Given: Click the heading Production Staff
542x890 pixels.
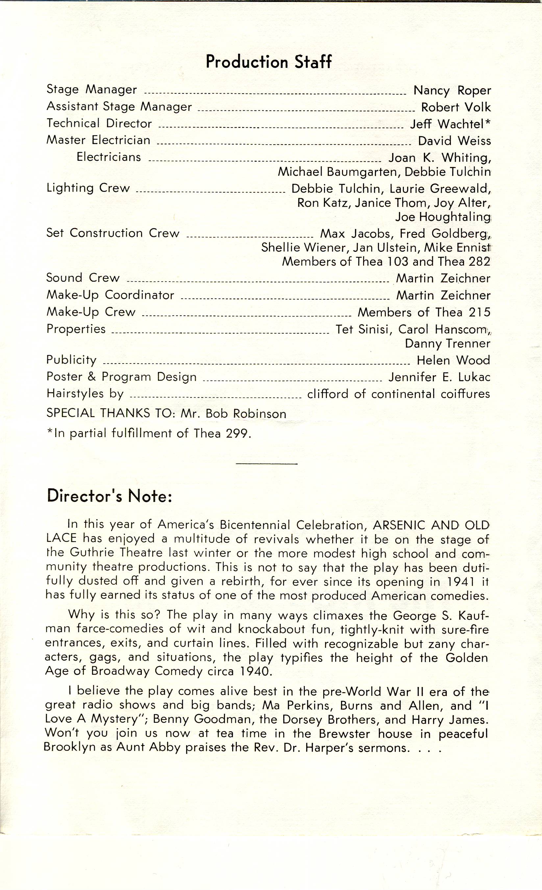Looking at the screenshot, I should [268, 62].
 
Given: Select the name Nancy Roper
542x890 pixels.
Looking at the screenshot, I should [452, 90].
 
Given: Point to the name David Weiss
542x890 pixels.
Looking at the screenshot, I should [454, 141].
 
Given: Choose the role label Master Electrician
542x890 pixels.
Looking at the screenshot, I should [98, 140].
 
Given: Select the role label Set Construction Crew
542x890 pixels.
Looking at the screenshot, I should [112, 233].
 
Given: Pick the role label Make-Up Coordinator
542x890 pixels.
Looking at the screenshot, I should [110, 295].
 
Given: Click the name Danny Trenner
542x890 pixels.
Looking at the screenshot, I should [447, 343].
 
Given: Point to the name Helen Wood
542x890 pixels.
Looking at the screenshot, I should [453, 360].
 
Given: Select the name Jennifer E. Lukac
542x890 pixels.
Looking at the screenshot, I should [439, 377].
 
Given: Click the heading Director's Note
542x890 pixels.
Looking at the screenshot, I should [109, 496].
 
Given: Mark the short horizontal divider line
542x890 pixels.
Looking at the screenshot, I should [266, 464].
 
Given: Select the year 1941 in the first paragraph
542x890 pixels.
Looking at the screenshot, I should [460, 582].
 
